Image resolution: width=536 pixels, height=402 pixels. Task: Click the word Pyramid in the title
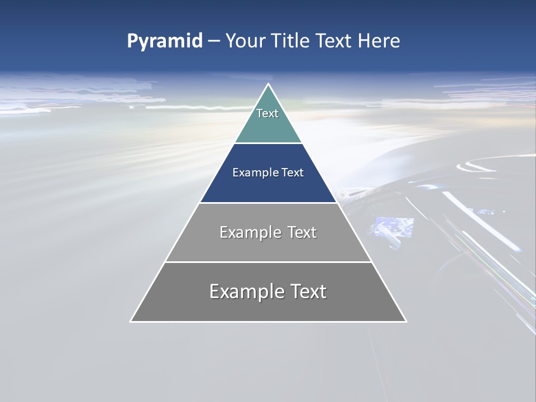point(165,41)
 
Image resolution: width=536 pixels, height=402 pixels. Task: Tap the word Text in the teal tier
point(267,113)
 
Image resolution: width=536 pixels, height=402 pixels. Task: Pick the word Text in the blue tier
point(293,173)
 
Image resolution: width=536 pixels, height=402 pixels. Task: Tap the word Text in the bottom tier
point(307,292)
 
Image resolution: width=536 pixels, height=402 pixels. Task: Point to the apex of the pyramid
point(268,84)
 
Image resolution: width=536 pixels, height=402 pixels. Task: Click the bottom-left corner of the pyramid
point(131,321)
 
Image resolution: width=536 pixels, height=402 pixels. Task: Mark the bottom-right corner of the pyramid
point(406,321)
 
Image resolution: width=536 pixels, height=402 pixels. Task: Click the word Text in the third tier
point(301,233)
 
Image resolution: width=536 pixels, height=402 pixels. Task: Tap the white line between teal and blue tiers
point(268,143)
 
